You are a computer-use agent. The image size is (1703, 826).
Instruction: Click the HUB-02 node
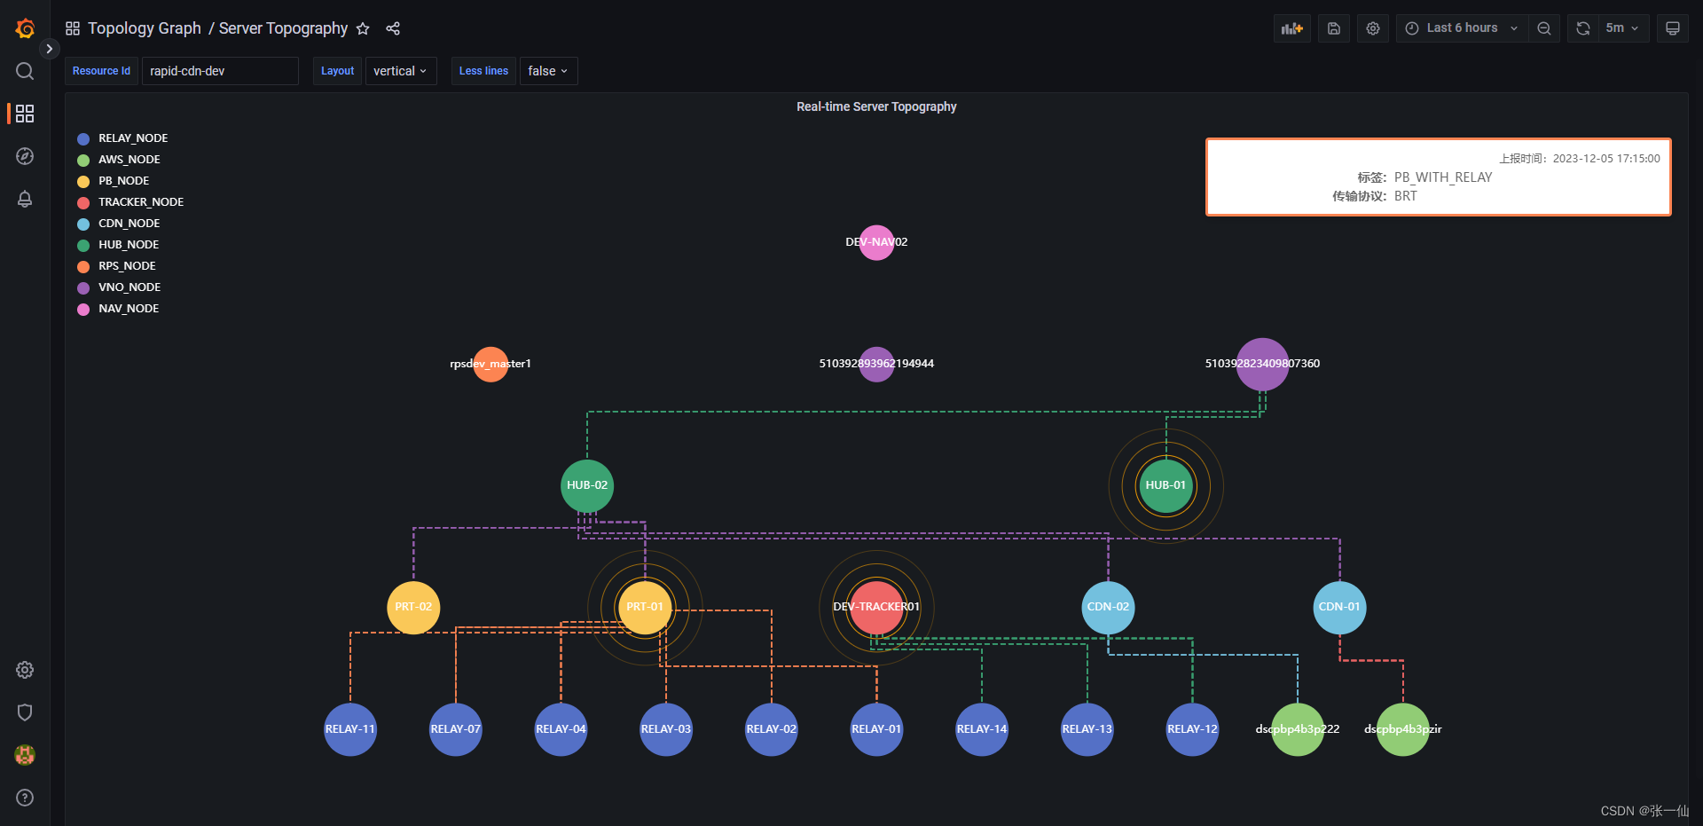click(x=586, y=485)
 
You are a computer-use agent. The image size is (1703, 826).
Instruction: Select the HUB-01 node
click(x=1165, y=485)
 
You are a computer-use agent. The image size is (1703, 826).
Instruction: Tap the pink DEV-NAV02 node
click(x=876, y=242)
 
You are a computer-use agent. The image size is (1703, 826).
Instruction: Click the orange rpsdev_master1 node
click(x=490, y=364)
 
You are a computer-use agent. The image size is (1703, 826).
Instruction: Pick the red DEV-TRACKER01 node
click(x=876, y=607)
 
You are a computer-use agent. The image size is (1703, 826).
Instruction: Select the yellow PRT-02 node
click(x=413, y=607)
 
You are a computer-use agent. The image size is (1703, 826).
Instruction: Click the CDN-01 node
click(x=1339, y=607)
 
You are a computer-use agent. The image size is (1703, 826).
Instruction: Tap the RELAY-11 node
click(x=350, y=729)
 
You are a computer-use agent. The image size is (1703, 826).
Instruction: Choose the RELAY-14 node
click(x=982, y=729)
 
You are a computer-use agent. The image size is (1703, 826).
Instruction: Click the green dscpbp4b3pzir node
click(x=1402, y=729)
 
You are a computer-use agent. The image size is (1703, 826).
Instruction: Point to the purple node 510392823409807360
click(x=1262, y=364)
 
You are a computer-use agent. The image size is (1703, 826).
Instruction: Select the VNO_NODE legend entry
click(x=129, y=287)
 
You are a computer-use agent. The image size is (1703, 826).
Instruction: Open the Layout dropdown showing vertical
click(x=400, y=71)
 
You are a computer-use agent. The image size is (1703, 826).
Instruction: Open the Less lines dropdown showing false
click(x=547, y=71)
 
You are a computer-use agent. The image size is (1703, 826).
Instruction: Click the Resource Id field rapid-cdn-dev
click(x=219, y=71)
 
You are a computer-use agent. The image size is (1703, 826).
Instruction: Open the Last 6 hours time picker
click(x=1463, y=28)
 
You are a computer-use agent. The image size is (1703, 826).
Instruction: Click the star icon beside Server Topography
click(x=363, y=28)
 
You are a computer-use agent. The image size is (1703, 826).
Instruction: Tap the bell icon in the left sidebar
click(x=25, y=199)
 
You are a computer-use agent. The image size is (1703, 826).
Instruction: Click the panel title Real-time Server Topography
click(x=876, y=106)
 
